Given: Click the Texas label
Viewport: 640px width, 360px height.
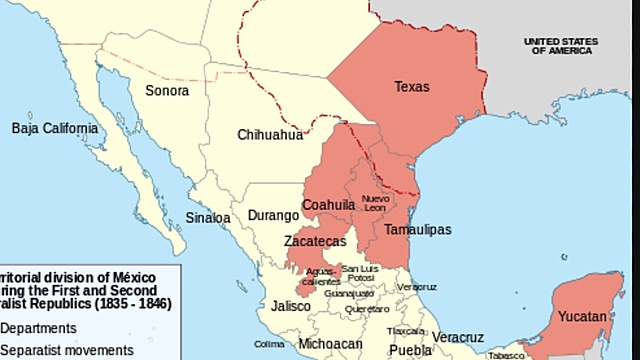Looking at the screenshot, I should pos(411,87).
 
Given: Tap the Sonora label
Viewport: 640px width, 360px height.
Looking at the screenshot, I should pos(166,90).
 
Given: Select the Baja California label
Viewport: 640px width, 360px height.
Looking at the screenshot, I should pos(55,128).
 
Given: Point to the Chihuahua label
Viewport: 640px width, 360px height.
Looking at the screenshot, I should pos(269,134).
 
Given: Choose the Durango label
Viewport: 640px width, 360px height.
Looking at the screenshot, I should pos(273,215).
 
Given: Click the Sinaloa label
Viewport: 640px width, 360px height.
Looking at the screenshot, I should pos(208,217).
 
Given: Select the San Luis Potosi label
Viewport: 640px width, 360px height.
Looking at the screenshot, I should pos(359,272).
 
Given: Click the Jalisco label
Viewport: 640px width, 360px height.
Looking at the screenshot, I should pos(291,306).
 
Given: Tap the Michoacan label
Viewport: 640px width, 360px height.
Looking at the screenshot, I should pos(329,345).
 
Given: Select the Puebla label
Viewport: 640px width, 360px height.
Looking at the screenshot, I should pos(410,350).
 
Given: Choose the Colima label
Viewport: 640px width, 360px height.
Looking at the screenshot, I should pos(270,344).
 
